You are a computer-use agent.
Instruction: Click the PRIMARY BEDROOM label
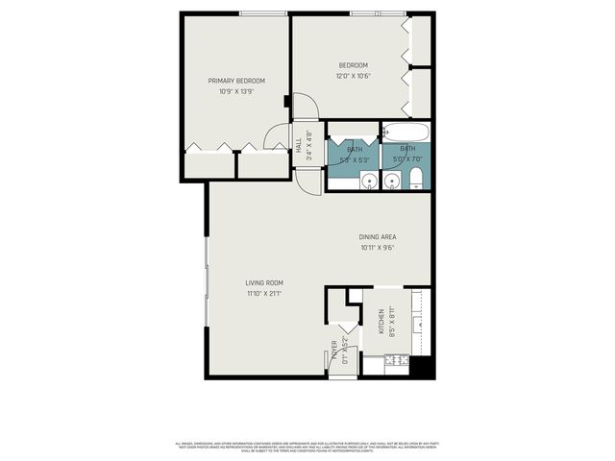point(236,81)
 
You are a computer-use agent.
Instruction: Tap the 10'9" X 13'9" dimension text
point(236,92)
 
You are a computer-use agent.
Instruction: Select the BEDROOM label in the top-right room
point(354,65)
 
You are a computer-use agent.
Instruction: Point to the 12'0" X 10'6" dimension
point(354,76)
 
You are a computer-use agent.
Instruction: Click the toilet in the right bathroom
point(416,178)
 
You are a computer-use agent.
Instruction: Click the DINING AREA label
point(378,237)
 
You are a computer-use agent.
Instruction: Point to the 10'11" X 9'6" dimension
point(378,248)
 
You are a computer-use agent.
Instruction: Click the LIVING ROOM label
point(263,282)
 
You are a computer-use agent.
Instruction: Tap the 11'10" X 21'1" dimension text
point(263,293)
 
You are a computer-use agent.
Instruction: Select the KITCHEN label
point(381,323)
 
